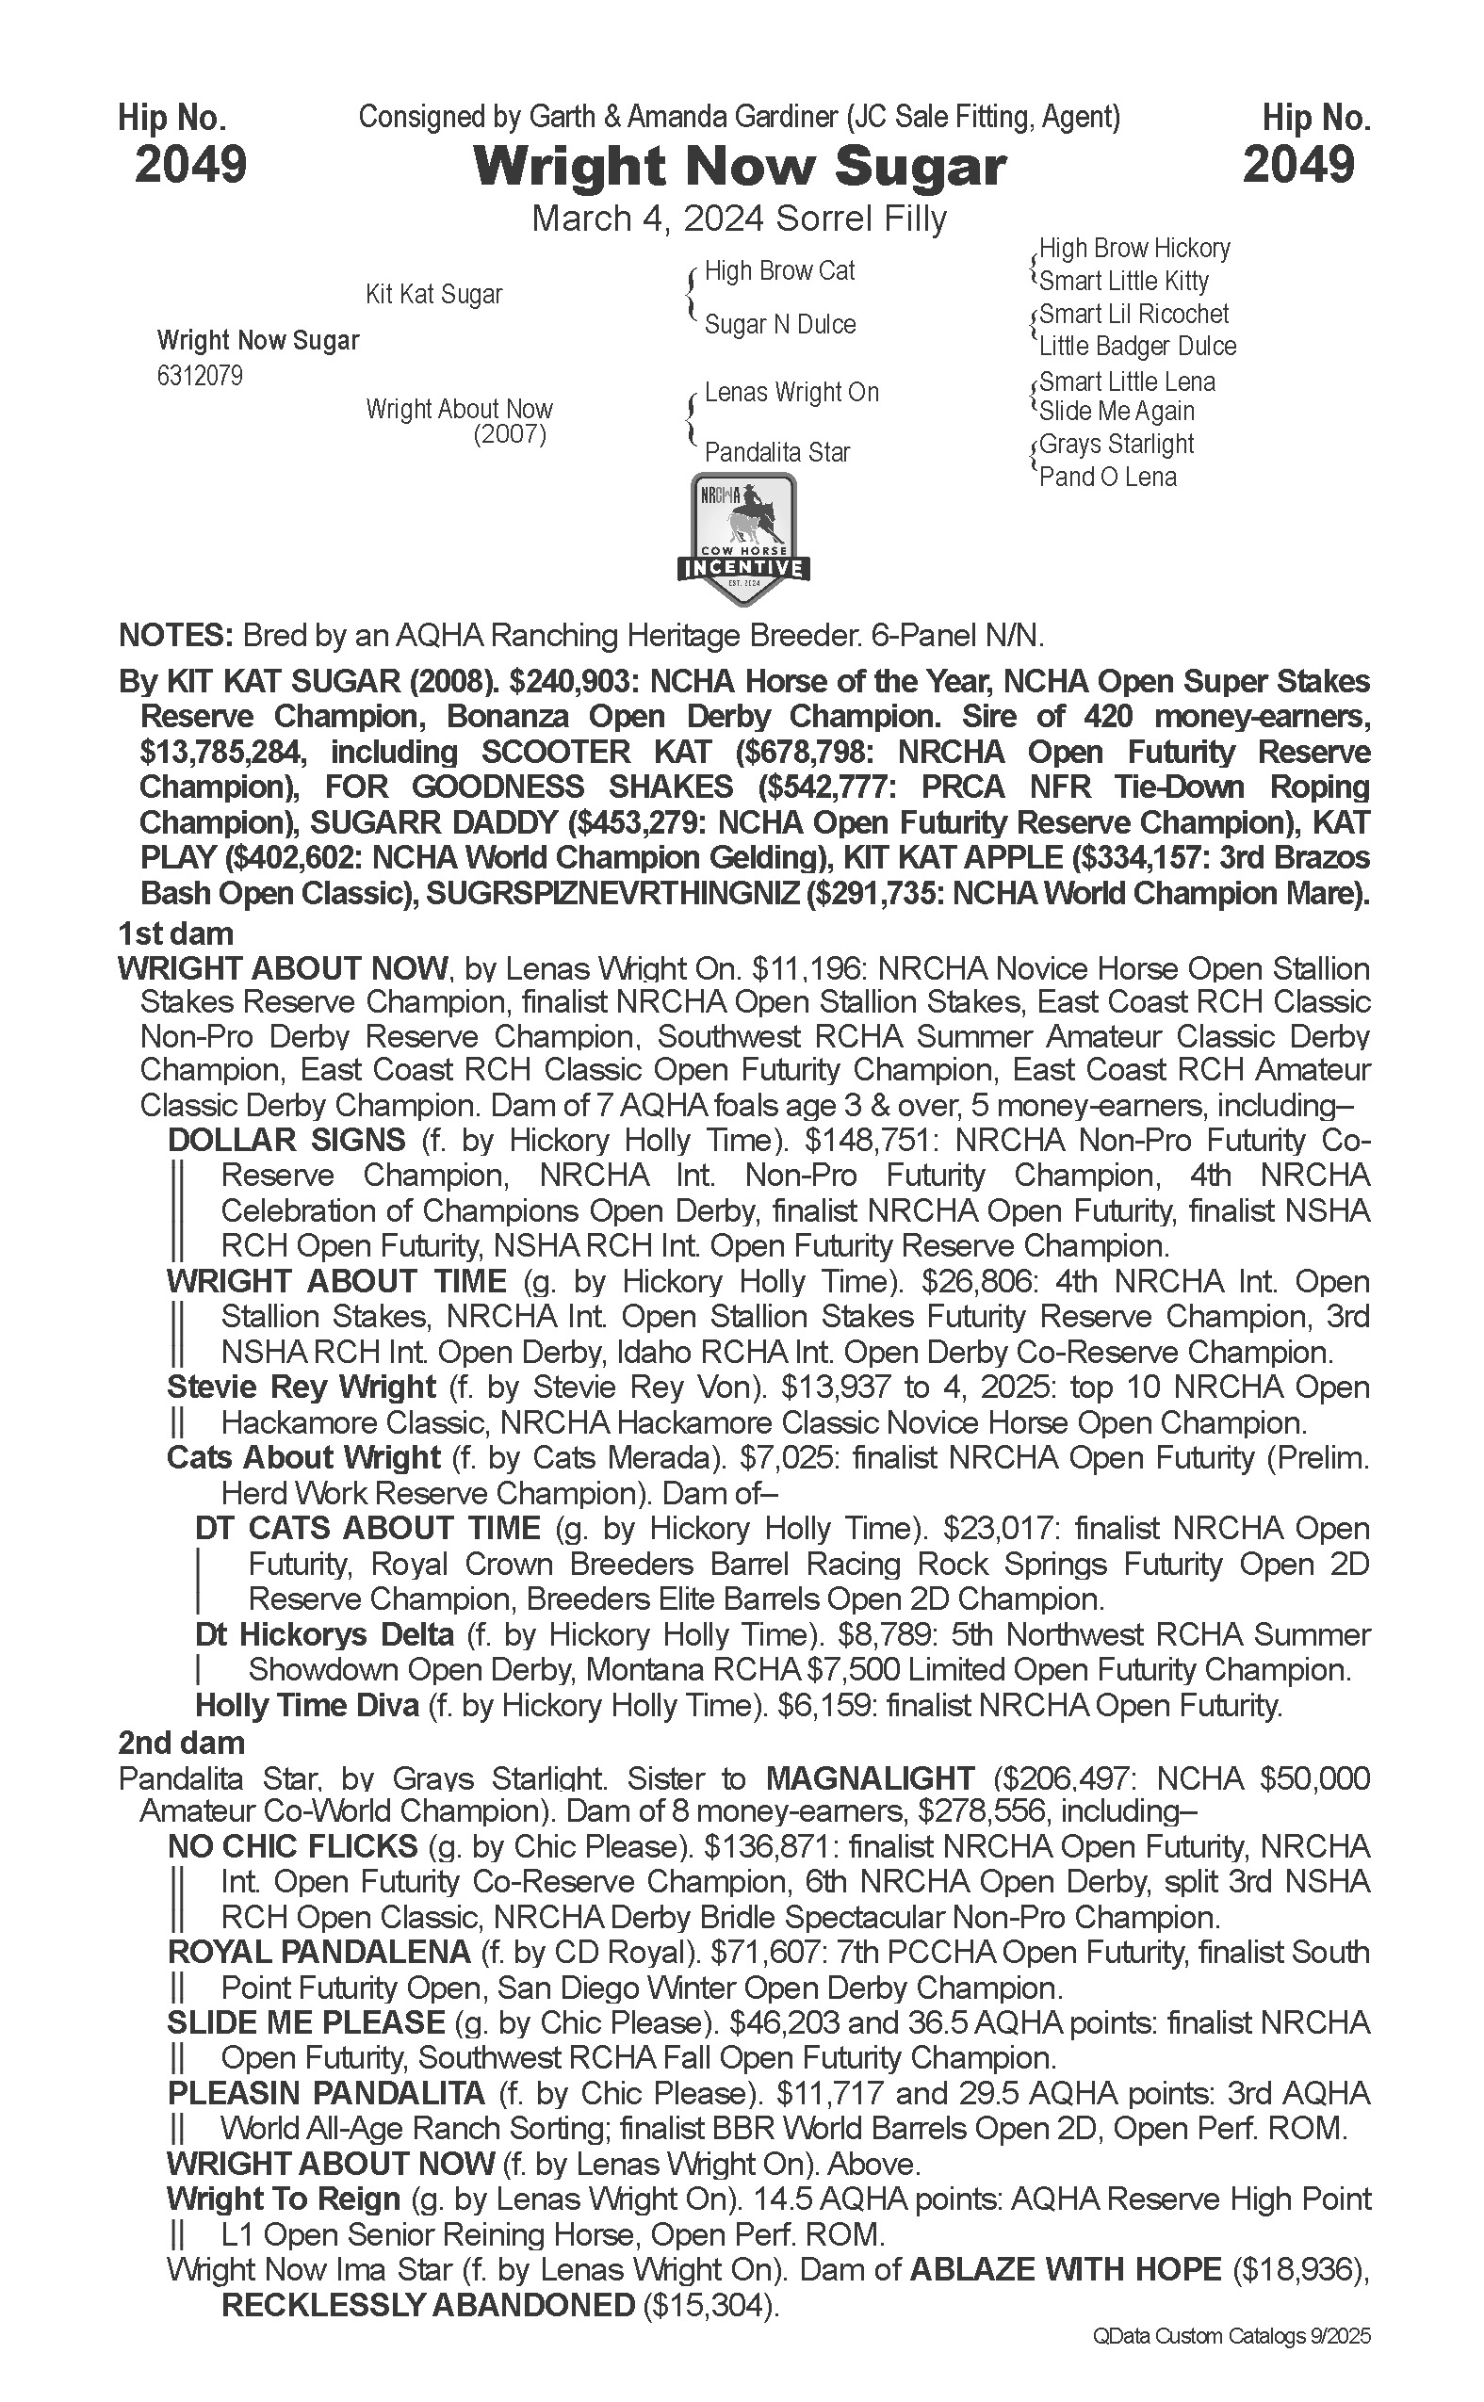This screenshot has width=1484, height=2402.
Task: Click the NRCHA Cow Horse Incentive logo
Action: tap(743, 539)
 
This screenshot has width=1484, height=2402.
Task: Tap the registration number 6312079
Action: tap(200, 376)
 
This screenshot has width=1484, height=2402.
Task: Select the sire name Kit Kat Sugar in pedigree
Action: tap(433, 294)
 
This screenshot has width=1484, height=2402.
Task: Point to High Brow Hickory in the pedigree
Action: tap(1133, 249)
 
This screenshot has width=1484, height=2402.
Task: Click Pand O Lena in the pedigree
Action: tap(1107, 477)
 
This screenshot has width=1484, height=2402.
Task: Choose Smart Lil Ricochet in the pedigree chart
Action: tap(1133, 314)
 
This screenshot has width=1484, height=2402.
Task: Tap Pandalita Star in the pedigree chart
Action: tap(777, 452)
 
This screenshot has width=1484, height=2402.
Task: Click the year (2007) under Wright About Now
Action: tap(510, 433)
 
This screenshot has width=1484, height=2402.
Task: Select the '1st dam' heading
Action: tap(175, 933)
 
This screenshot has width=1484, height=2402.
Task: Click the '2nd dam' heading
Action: tap(181, 1743)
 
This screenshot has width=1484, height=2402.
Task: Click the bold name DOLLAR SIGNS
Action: tap(286, 1140)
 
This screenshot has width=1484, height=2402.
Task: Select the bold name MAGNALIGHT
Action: tap(870, 1778)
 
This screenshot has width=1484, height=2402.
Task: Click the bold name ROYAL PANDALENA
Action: tap(319, 1953)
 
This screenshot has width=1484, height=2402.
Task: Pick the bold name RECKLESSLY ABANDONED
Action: tap(428, 2305)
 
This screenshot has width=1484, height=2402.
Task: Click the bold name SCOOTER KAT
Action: tap(596, 752)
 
